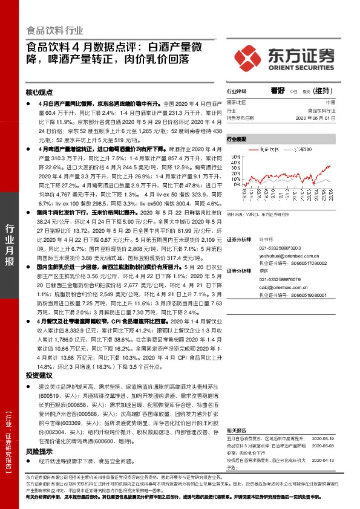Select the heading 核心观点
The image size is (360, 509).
pyautogui.click(x=39, y=92)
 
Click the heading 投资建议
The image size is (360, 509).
pyautogui.click(x=39, y=375)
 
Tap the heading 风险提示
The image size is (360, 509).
pyautogui.click(x=39, y=451)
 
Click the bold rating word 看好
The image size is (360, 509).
pyautogui.click(x=278, y=90)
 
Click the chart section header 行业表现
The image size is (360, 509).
pyautogui.click(x=237, y=139)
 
